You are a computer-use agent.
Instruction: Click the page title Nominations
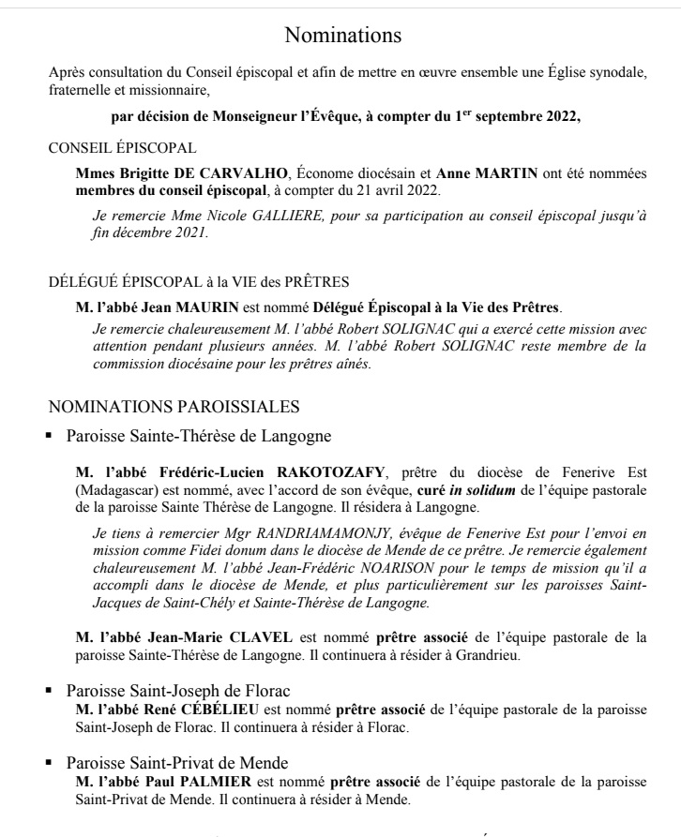342,36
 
